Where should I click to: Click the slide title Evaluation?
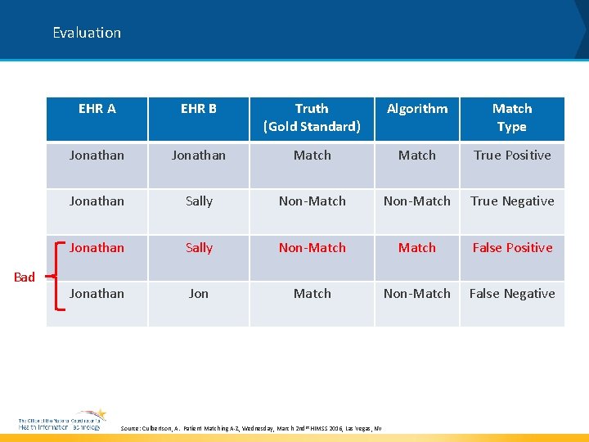[87, 33]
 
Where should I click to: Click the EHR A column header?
[97, 109]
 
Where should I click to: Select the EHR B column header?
[199, 109]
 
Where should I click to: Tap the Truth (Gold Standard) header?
[312, 118]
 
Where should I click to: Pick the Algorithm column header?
[417, 109]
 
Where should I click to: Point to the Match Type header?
[512, 118]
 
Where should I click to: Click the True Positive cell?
[512, 155]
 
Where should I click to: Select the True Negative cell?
[512, 201]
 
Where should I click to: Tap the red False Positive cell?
[512, 247]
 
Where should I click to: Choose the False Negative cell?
[512, 293]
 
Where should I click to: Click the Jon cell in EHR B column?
[199, 293]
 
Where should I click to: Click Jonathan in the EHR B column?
[199, 155]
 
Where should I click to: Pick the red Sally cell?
[199, 247]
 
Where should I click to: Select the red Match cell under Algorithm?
[417, 247]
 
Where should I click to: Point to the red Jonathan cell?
[97, 247]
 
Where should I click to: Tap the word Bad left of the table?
[25, 277]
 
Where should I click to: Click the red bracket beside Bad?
[56, 277]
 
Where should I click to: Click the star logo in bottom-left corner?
[97, 415]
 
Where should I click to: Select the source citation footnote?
[250, 428]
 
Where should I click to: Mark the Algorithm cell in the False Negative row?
[417, 293]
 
